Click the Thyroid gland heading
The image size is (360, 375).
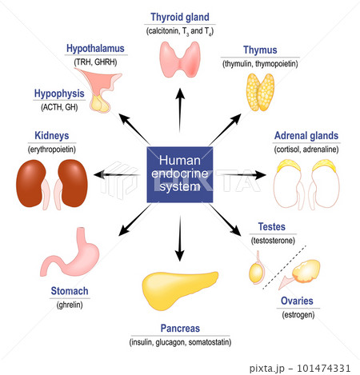pyautogui.click(x=180, y=18)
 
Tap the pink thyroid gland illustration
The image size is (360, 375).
pyautogui.click(x=180, y=59)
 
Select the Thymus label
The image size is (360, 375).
pyautogui.click(x=260, y=50)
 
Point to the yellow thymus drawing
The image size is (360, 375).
pyautogui.click(x=260, y=92)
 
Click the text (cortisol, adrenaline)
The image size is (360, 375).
pyautogui.click(x=306, y=150)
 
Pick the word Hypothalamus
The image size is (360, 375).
pyautogui.click(x=95, y=49)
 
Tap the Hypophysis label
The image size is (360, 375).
pyautogui.click(x=59, y=94)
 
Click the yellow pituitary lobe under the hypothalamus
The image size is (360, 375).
pyautogui.click(x=100, y=104)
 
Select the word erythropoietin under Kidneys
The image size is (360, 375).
pyautogui.click(x=52, y=150)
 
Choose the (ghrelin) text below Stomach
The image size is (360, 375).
pyautogui.click(x=70, y=305)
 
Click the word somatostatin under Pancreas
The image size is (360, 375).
pyautogui.click(x=209, y=342)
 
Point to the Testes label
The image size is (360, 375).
pyautogui.click(x=272, y=227)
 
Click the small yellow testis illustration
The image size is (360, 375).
pyautogui.click(x=256, y=273)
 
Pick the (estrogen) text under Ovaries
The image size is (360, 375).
pyautogui.click(x=298, y=315)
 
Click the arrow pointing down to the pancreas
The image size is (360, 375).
pyautogui.click(x=180, y=238)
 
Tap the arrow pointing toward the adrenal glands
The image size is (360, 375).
pyautogui.click(x=242, y=175)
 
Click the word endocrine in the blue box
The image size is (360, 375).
pyautogui.click(x=180, y=174)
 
